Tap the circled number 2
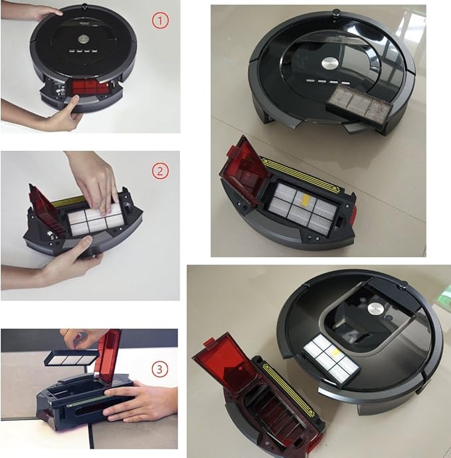tap(161, 171)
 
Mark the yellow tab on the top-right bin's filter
tap(303, 197)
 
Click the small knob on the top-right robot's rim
tap(336, 12)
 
